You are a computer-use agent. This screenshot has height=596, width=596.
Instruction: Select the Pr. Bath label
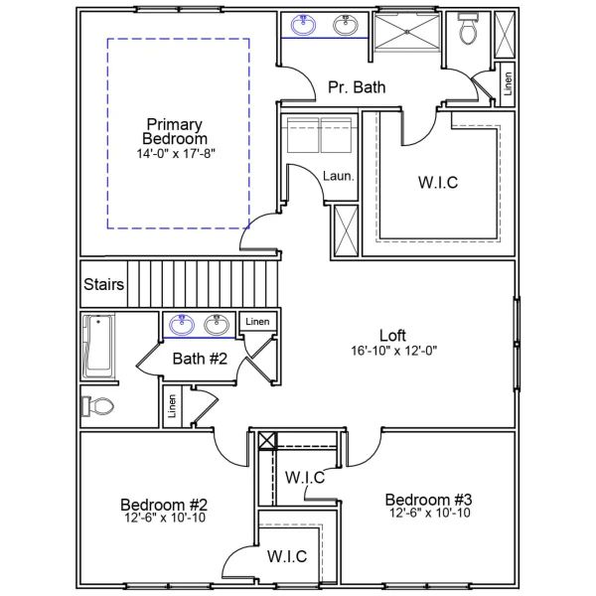[357, 87]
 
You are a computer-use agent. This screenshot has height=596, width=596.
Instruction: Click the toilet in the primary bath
[468, 31]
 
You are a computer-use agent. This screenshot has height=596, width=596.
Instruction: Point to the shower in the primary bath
[406, 38]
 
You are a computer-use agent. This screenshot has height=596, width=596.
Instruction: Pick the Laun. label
[339, 176]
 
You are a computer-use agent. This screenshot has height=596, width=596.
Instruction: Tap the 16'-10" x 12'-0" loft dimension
[393, 351]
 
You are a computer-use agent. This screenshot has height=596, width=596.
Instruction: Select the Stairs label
[104, 285]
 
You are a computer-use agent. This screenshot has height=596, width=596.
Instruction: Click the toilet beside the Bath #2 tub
[99, 405]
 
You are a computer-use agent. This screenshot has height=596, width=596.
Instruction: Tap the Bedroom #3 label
[429, 499]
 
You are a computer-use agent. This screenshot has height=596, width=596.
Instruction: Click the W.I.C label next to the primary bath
[438, 184]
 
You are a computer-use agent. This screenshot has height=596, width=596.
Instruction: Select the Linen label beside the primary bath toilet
[506, 83]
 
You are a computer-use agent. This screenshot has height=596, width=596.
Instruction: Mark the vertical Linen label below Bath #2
[172, 406]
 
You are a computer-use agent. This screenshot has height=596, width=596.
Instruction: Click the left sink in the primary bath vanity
[306, 26]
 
